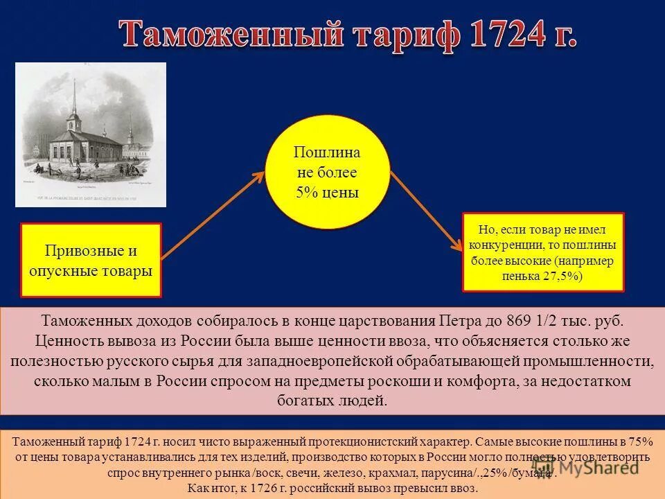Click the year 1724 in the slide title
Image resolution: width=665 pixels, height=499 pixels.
(497, 35)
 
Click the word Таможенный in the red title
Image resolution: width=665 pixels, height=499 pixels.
(232, 35)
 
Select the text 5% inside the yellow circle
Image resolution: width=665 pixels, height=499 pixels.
(305, 193)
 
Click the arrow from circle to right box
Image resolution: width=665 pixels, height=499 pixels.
(426, 211)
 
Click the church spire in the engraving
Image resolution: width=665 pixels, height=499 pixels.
(72, 97)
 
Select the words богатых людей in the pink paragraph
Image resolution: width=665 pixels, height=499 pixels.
(332, 401)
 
